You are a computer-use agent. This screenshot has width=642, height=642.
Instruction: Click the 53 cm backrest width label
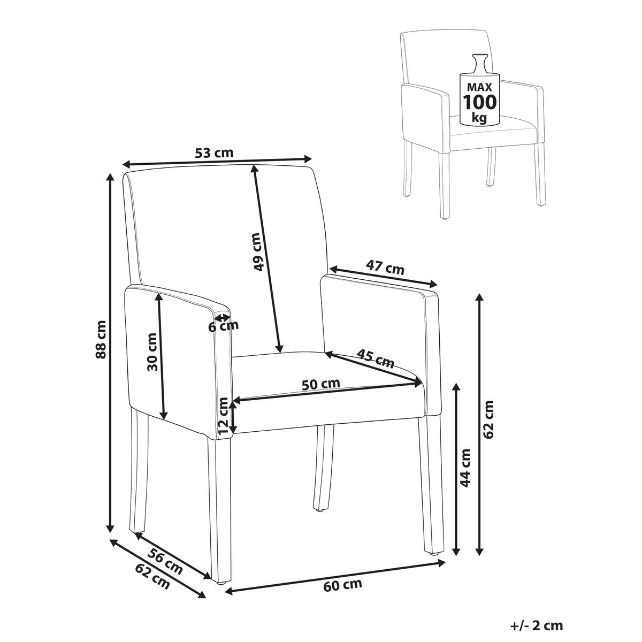tap(214, 153)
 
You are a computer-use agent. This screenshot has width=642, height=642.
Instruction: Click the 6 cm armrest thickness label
tap(224, 326)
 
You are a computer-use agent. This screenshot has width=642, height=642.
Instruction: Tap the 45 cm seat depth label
tap(376, 358)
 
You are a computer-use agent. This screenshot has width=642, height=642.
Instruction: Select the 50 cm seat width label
tap(321, 384)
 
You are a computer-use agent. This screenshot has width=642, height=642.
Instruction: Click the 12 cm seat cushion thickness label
tap(223, 416)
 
